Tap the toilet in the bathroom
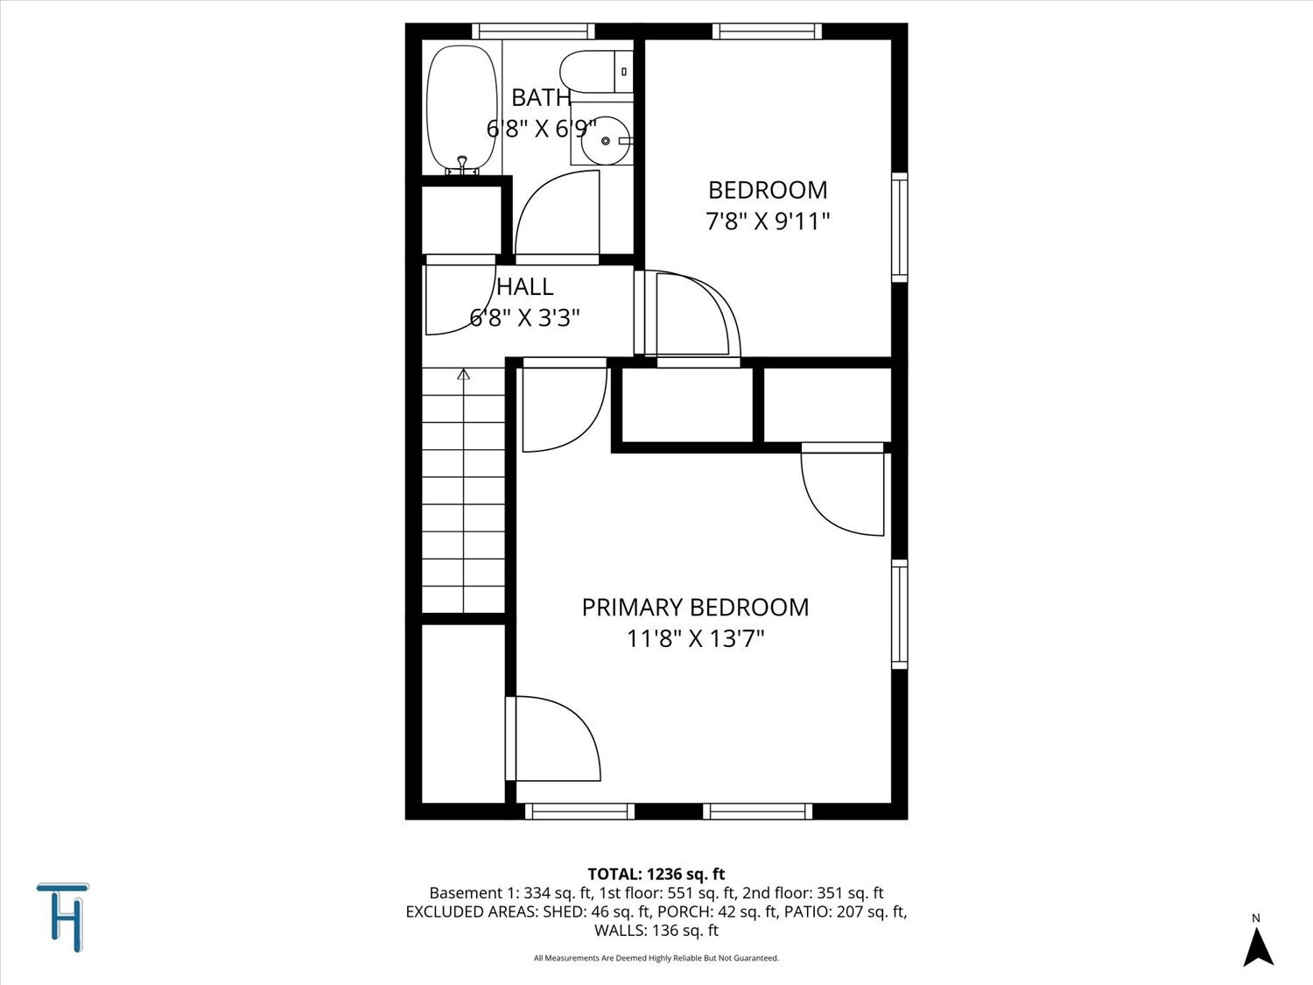pyautogui.click(x=595, y=72)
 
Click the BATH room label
pyautogui.click(x=541, y=97)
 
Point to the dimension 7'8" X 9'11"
pyautogui.click(x=768, y=221)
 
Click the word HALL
pyautogui.click(x=525, y=287)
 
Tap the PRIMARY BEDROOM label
pyautogui.click(x=695, y=608)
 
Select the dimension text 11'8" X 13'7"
pyautogui.click(x=695, y=638)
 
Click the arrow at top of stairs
pyautogui.click(x=464, y=375)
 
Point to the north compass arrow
pyautogui.click(x=1258, y=946)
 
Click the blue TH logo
pyautogui.click(x=63, y=917)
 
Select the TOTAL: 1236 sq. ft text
pyautogui.click(x=656, y=874)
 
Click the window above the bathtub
pyautogui.click(x=533, y=32)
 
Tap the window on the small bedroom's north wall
pyautogui.click(x=767, y=32)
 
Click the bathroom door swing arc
pyautogui.click(x=558, y=215)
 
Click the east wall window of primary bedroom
pyautogui.click(x=899, y=614)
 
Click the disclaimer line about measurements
pyautogui.click(x=656, y=958)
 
